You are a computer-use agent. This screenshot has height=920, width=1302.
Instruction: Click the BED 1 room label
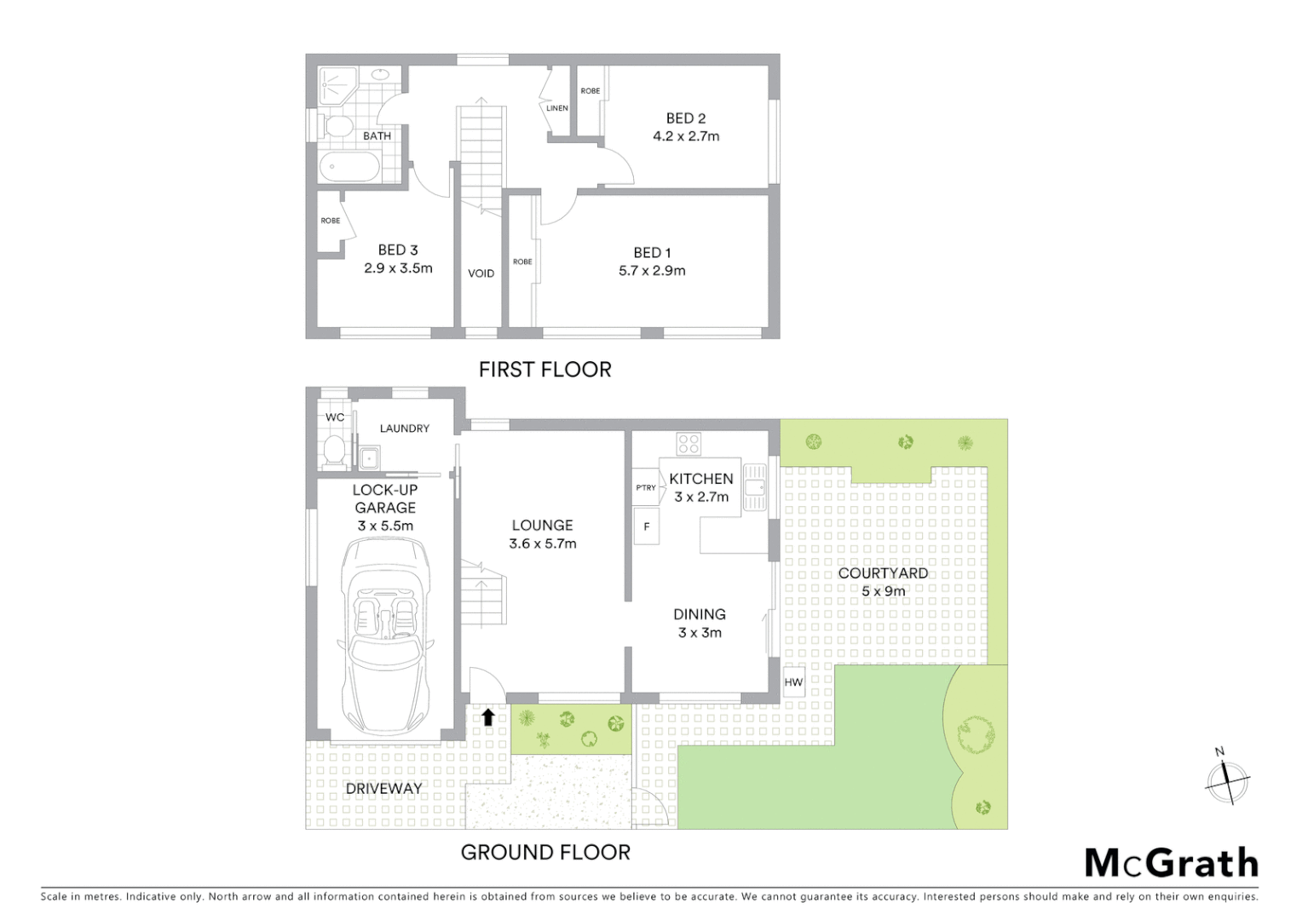pyautogui.click(x=652, y=252)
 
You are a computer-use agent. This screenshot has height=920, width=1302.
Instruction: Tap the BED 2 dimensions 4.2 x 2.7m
pyautogui.click(x=686, y=136)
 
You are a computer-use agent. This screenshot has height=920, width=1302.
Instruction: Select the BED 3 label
pyautogui.click(x=398, y=250)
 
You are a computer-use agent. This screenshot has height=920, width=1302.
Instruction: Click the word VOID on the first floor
pyautogui.click(x=481, y=273)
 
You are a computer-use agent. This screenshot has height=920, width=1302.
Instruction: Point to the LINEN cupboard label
pyautogui.click(x=557, y=108)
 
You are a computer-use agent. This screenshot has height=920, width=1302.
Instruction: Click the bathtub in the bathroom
pyautogui.click(x=349, y=166)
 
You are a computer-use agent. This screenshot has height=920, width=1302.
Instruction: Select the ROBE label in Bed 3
pyautogui.click(x=331, y=221)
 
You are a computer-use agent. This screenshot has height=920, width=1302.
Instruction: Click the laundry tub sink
pyautogui.click(x=369, y=458)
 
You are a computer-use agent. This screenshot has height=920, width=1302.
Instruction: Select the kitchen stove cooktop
pyautogui.click(x=688, y=444)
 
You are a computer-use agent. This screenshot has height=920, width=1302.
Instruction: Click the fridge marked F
pyautogui.click(x=646, y=526)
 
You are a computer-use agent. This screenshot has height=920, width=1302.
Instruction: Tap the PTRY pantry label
pyautogui.click(x=646, y=488)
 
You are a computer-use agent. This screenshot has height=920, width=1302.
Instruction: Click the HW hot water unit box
pyautogui.click(x=793, y=682)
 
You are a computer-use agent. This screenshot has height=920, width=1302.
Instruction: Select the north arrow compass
pyautogui.click(x=1227, y=777)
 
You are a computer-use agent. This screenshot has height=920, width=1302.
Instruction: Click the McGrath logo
pyautogui.click(x=1172, y=863)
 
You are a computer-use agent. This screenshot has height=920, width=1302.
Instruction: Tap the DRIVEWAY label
pyautogui.click(x=383, y=789)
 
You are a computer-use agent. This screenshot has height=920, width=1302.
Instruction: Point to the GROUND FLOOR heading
pyautogui.click(x=545, y=852)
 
